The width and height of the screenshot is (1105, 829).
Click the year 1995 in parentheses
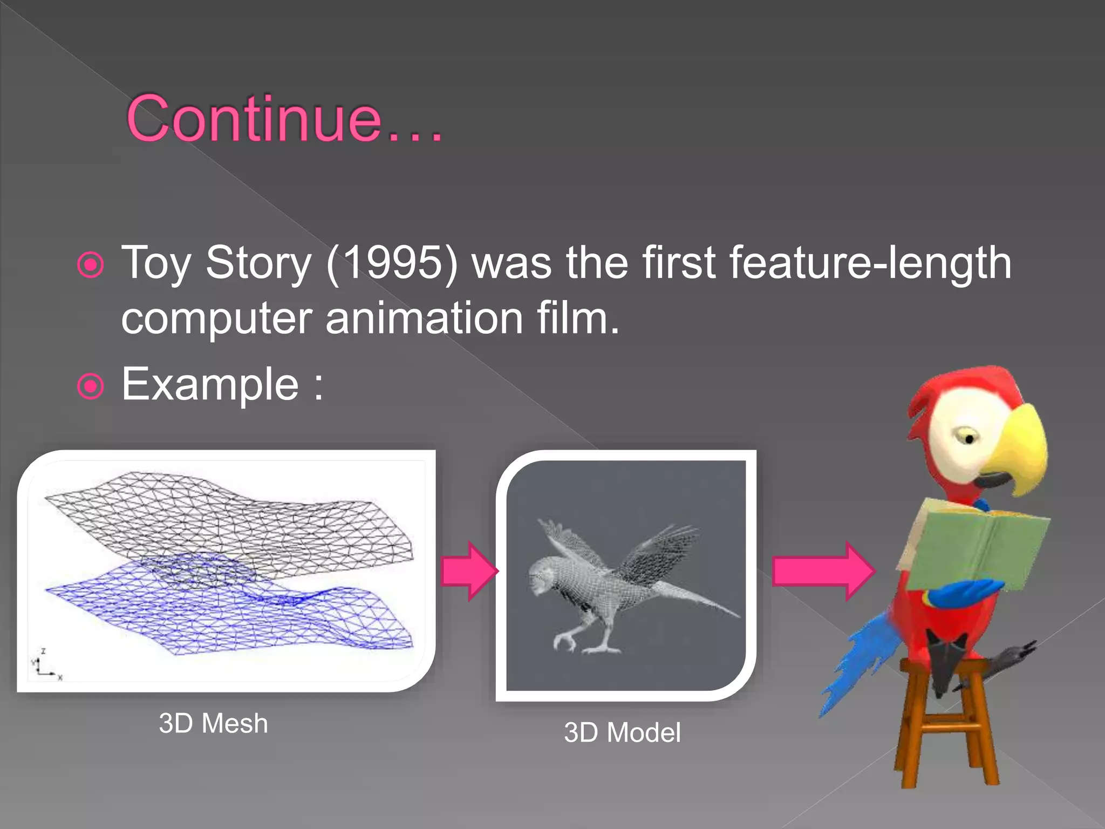392,263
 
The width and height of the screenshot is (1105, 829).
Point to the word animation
424,318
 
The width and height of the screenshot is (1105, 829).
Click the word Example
210,384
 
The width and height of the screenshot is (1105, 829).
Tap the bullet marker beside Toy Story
90,265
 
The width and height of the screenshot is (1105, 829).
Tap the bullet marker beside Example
90,386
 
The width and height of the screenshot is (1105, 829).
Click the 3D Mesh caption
213,723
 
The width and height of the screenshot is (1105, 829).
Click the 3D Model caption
622,733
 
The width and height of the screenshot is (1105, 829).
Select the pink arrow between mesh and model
468,571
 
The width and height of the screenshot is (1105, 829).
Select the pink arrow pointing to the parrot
822,571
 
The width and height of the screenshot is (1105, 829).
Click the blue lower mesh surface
232,615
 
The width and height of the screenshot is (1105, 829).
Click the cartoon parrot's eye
968,438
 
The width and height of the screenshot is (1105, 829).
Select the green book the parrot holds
977,545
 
